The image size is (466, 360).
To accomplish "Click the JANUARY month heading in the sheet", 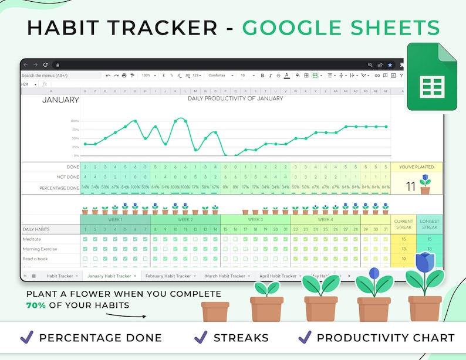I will coord(60,100).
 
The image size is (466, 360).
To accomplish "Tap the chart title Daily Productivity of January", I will coord(235,99).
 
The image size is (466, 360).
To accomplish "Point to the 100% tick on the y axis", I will coord(75,121).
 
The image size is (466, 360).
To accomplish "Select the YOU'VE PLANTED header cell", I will coord(416,167).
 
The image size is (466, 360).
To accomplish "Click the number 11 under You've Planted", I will coord(411,186).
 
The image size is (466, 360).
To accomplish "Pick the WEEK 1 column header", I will coord(115,219).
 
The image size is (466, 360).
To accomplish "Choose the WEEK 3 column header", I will coord(255,219).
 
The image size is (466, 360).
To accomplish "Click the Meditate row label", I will coord(32,239).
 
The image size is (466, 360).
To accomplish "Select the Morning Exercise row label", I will coord(40,249).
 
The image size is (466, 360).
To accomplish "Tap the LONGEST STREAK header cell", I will coord(430,225).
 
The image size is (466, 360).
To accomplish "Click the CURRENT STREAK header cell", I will coord(404,225).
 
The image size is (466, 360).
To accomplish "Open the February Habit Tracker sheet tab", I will coord(168,276).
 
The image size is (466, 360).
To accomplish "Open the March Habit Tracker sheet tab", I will coord(225,276).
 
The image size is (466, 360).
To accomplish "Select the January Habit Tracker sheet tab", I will coord(109,276).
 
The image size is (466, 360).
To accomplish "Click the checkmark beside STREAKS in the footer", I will coord(201,337).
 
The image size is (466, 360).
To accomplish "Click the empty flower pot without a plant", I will coord(215,311).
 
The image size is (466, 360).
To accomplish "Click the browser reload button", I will coord(46,64).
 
